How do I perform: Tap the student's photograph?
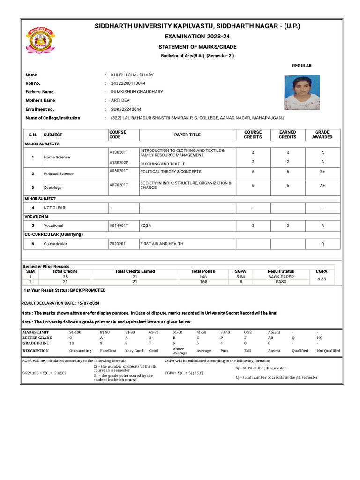[x=302, y=92]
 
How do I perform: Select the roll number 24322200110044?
[x=132, y=83]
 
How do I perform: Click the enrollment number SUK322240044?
[x=126, y=109]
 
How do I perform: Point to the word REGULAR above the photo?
[x=302, y=66]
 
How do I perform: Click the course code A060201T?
[x=119, y=172]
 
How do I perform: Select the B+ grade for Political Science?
[x=322, y=172]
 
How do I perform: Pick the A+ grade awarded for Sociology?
[x=322, y=186]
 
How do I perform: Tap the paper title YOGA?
[x=146, y=225]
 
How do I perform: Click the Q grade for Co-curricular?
[x=322, y=244]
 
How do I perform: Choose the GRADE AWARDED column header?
[x=322, y=135]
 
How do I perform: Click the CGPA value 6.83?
[x=322, y=279]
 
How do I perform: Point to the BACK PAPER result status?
[x=281, y=277]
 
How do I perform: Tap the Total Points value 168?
[x=203, y=282]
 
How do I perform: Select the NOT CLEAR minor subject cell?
[x=55, y=207]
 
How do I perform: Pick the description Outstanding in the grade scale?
[x=80, y=351]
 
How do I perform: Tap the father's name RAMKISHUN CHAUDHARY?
[x=137, y=92]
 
